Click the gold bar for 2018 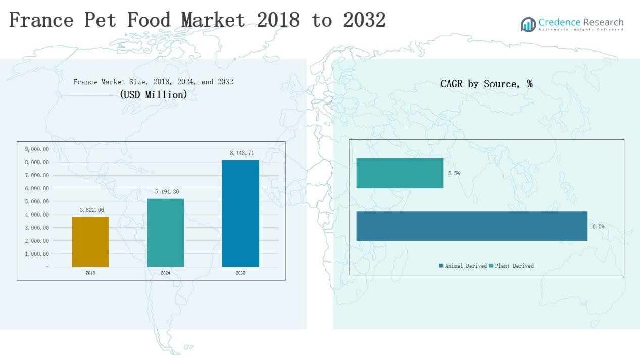tap(90, 241)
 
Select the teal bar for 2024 tap(165, 232)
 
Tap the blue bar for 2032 tap(240, 213)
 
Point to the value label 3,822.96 tap(92, 210)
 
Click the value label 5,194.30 tap(167, 192)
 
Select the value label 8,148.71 tap(241, 153)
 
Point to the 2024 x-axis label tap(165, 273)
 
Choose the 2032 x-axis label tap(240, 273)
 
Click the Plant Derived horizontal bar tap(400, 173)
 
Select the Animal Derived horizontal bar tap(472, 226)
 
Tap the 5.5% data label tap(454, 173)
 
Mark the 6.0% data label tap(598, 227)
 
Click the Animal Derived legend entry tap(463, 266)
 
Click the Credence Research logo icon tap(528, 24)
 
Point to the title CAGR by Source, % tap(486, 84)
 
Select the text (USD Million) tap(153, 94)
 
